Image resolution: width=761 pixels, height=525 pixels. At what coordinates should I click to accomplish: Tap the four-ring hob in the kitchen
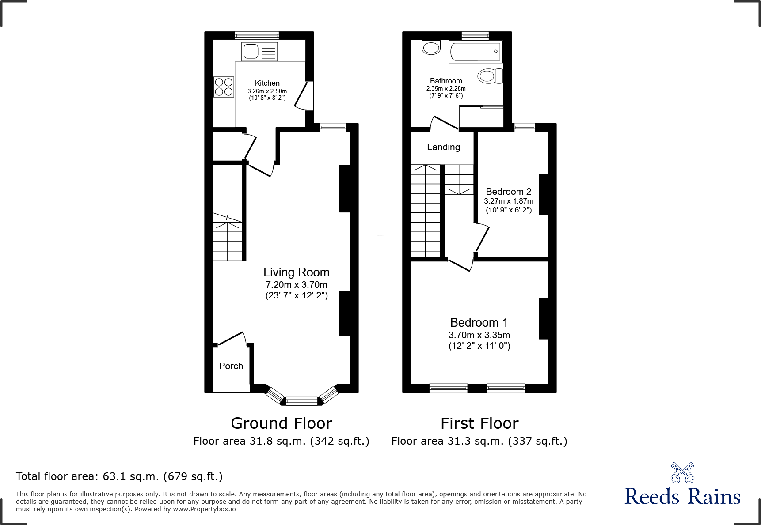point(224,87)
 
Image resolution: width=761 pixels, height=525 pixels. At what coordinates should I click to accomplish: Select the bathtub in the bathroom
point(476,52)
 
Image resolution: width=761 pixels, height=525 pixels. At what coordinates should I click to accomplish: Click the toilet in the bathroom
point(490,76)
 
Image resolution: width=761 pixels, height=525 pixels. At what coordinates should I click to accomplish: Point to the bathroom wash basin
point(431,47)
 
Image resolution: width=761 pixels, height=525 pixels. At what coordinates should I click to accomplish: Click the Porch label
point(231,366)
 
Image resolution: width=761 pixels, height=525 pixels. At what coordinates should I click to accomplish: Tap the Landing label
point(443,147)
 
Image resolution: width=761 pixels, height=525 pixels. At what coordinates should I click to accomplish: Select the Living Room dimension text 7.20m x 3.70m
point(296,285)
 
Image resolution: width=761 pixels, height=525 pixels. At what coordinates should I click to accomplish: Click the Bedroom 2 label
point(508,192)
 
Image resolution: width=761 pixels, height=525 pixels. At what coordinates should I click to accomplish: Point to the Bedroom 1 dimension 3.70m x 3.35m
point(479,335)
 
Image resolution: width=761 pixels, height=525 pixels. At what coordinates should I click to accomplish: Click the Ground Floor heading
point(282,423)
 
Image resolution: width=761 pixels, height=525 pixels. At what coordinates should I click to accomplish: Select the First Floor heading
point(479,423)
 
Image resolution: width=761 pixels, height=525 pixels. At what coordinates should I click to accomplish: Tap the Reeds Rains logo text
point(682,497)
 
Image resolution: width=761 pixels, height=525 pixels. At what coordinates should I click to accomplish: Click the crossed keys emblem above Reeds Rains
point(682,473)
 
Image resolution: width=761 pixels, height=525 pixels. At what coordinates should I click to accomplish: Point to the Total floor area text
point(119,476)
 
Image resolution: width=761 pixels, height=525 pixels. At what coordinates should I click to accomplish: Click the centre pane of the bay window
point(302,401)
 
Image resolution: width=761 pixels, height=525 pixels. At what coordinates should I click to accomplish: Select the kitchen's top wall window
point(257,35)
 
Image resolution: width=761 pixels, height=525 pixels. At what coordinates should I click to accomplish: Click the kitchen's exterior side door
point(305,95)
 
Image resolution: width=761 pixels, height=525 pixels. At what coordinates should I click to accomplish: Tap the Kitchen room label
point(267,83)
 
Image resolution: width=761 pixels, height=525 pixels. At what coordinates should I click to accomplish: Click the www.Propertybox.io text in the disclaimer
point(204,509)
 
